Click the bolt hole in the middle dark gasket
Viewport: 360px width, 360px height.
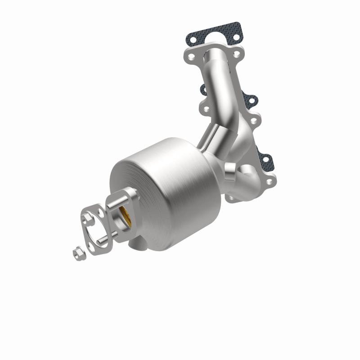click(250, 100)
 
